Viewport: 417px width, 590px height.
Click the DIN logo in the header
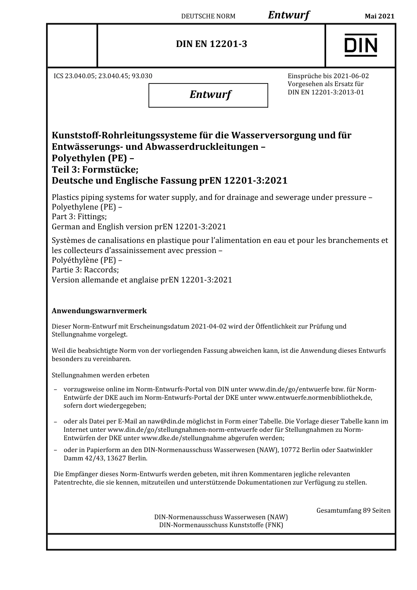point(360,45)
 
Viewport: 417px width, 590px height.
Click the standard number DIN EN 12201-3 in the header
point(211,44)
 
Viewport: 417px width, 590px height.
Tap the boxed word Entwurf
point(210,94)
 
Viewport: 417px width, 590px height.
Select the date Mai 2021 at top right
point(379,16)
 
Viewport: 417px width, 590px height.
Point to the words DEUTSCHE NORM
point(208,16)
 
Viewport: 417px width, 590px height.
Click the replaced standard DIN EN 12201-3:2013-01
point(326,92)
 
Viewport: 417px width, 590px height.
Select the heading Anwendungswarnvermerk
point(99,311)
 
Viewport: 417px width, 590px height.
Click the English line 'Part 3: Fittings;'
point(79,217)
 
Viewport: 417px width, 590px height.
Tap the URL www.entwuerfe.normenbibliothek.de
point(315,398)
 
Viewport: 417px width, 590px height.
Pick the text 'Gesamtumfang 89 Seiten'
point(353,510)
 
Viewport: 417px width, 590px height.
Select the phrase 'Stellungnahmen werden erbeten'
point(101,375)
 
